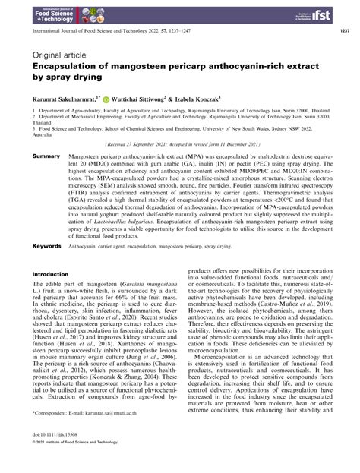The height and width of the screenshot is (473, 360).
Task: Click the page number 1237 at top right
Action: (342, 33)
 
